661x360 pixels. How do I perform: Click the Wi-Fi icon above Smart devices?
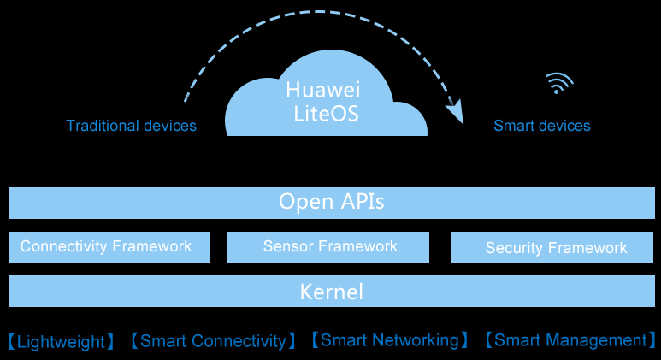[559, 84]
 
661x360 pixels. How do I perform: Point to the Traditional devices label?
[131, 126]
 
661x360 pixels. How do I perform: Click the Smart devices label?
[542, 126]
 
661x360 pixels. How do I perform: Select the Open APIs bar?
[331, 203]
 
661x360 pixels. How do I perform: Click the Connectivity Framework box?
[109, 247]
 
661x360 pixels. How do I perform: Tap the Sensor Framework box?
[330, 247]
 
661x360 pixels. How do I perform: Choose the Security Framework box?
[556, 248]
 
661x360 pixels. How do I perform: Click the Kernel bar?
[331, 292]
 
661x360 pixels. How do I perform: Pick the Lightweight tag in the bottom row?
[61, 342]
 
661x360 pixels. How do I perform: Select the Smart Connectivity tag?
[213, 341]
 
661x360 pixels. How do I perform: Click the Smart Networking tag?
[389, 340]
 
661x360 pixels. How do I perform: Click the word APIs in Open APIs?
[359, 203]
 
